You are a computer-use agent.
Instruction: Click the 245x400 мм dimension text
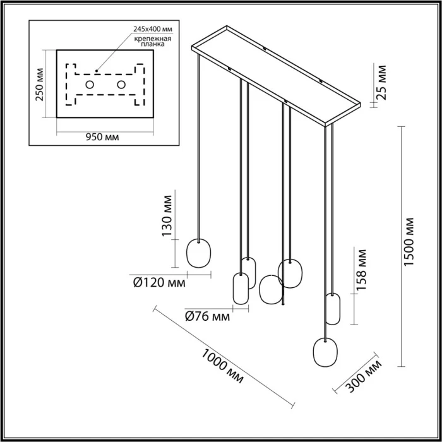coord(153,29)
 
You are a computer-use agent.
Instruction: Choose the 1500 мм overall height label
coord(410,242)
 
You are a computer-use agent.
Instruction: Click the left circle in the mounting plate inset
coord(90,85)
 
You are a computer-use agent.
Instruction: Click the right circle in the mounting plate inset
coord(121,85)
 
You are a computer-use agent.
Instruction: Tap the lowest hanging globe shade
coord(325,350)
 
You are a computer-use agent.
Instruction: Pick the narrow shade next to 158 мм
coord(333,308)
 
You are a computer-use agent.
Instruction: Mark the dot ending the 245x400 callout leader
coord(96,70)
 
